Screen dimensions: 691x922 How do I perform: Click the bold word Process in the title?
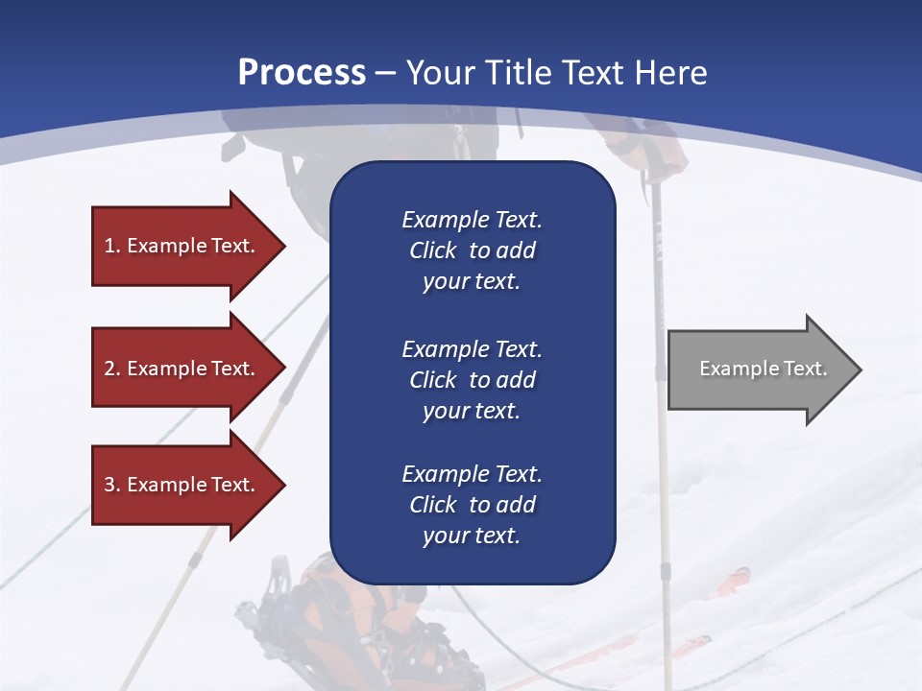pyautogui.click(x=302, y=73)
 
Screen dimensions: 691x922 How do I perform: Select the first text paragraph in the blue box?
pyautogui.click(x=472, y=250)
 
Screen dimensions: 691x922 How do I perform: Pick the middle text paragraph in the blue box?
pyautogui.click(x=472, y=379)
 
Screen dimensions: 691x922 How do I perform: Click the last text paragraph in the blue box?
pyautogui.click(x=472, y=505)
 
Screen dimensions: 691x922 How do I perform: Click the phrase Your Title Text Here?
pyautogui.click(x=557, y=73)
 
